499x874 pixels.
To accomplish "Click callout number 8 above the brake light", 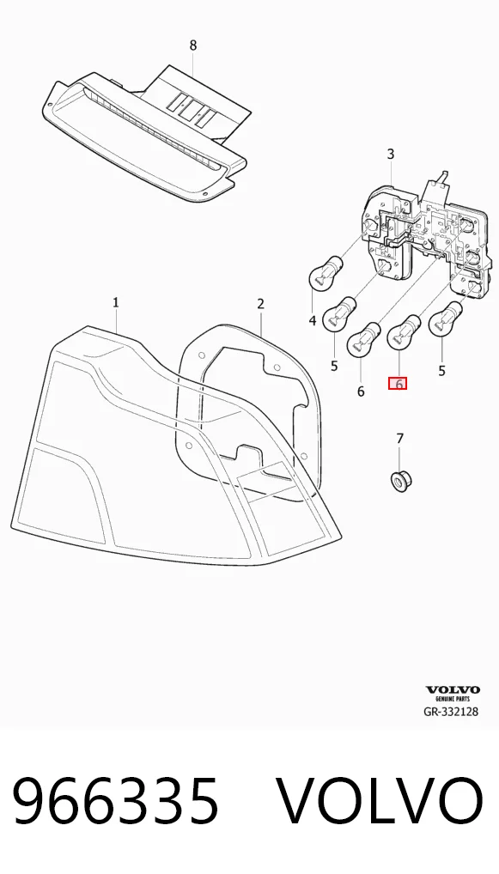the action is [193, 46].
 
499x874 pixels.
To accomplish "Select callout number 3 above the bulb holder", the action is [390, 154].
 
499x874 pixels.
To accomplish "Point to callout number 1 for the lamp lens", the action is [115, 303].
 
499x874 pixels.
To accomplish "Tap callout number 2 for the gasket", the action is [260, 304].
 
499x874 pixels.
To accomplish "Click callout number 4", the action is [313, 320].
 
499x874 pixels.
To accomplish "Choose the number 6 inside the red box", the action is [399, 384].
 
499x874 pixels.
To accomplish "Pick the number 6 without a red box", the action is [361, 391].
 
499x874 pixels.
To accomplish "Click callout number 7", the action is [399, 440].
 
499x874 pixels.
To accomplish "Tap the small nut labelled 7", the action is [399, 481].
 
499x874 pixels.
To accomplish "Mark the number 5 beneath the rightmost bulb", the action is [441, 371].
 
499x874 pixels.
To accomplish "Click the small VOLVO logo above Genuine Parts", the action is [453, 690].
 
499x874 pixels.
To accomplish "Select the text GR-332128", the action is [451, 711].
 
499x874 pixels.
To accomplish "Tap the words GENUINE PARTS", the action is [453, 699].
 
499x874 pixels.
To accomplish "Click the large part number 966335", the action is [115, 802].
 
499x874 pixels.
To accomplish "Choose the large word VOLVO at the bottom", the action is [380, 802].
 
